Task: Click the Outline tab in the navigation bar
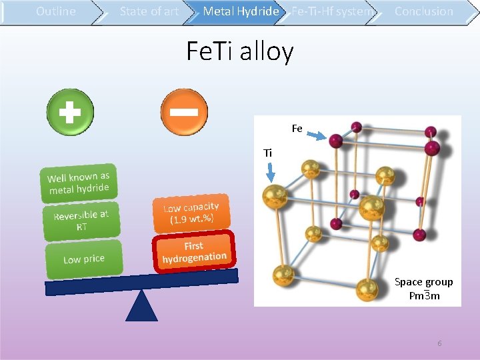(55, 11)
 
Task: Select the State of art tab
(149, 11)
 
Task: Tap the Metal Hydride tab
(241, 11)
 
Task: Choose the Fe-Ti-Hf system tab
(332, 11)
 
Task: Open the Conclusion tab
(423, 11)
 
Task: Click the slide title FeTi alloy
(239, 51)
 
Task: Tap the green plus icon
(70, 111)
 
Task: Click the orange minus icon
(184, 111)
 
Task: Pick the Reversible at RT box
(81, 221)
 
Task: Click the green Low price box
(84, 259)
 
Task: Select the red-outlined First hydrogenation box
(194, 251)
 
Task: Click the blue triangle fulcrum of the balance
(141, 306)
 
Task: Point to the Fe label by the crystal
(297, 128)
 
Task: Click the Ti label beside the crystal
(268, 153)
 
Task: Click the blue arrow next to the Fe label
(316, 135)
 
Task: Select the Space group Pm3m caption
(424, 289)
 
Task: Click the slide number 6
(439, 343)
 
